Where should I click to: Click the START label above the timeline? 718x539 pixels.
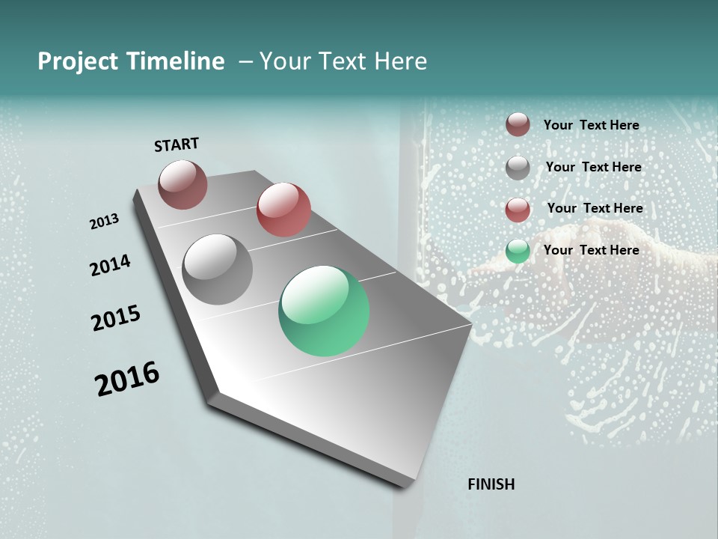point(177,144)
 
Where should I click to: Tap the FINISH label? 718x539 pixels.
point(491,484)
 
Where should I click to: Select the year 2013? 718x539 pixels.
point(104,222)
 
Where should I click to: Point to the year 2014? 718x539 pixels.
point(110,265)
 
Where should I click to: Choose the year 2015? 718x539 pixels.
point(116,319)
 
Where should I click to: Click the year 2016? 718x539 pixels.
point(127,379)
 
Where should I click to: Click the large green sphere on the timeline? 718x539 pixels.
point(324,311)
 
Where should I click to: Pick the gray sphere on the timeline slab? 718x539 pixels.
point(218,269)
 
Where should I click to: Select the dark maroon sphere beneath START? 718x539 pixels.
point(182,184)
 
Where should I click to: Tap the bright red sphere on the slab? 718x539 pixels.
point(283,209)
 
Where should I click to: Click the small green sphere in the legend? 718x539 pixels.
point(518,251)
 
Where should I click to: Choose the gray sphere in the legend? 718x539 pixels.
point(518,168)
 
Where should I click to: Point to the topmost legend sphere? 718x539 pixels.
point(518,124)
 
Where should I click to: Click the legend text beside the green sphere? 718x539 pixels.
point(591,250)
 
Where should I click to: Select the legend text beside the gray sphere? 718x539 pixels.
point(593,167)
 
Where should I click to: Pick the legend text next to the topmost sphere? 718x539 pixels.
point(591,125)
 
